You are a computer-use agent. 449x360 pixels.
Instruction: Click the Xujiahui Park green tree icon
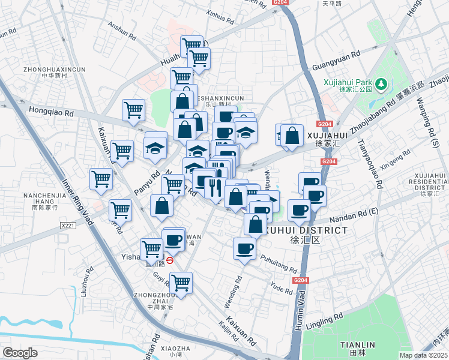point(381,83)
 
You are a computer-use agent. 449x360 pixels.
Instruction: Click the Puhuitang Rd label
point(279,265)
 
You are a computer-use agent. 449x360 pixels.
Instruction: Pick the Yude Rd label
point(282,289)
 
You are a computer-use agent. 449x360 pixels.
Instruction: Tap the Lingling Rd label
point(325,319)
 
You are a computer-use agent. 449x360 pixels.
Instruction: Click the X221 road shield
point(69,226)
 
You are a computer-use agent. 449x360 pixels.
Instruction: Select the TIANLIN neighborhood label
point(358,344)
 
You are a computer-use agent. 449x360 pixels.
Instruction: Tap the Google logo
point(20,352)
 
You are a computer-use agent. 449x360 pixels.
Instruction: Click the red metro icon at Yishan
point(170,260)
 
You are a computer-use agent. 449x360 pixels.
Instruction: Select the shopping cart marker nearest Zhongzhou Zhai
point(181,281)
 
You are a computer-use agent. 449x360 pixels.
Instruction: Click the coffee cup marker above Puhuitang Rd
point(244,248)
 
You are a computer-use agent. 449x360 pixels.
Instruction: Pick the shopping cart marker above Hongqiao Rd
point(133,109)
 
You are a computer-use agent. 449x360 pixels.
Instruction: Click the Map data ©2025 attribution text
point(422,355)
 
